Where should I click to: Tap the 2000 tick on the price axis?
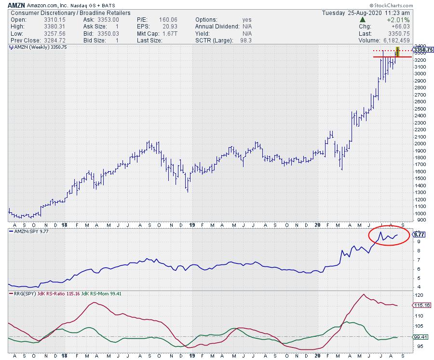[x=420, y=143]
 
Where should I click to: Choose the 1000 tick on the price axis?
[x=420, y=213]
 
